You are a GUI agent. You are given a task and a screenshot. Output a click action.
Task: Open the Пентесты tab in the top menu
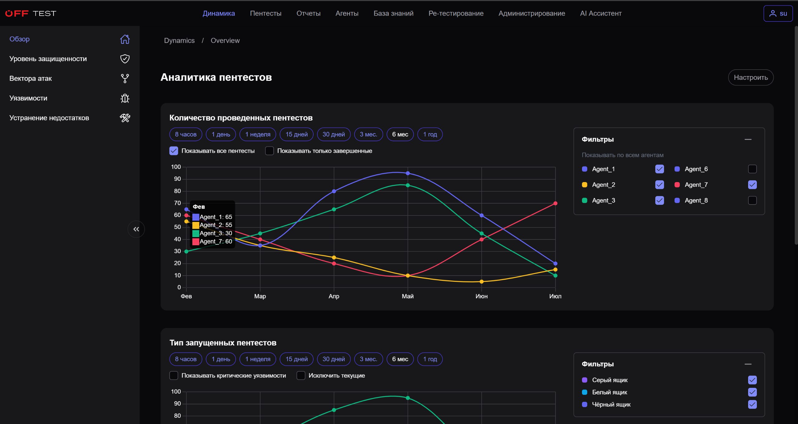pyautogui.click(x=266, y=13)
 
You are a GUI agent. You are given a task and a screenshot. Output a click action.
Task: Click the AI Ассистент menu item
pyautogui.click(x=601, y=13)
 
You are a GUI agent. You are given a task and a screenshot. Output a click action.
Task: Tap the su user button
pyautogui.click(x=778, y=13)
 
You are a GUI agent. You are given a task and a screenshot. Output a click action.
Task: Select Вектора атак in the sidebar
pyautogui.click(x=31, y=79)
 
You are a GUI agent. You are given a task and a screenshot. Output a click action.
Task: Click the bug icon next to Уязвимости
pyautogui.click(x=125, y=98)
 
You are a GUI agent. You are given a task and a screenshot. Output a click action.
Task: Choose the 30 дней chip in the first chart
pyautogui.click(x=334, y=134)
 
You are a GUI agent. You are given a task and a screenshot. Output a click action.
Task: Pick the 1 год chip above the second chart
pyautogui.click(x=430, y=359)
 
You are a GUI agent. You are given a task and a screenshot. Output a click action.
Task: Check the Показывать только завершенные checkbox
pyautogui.click(x=269, y=151)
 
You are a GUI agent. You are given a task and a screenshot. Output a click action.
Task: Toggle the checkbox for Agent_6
pyautogui.click(x=752, y=169)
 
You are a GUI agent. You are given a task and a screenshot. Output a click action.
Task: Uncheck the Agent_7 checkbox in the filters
pyautogui.click(x=752, y=185)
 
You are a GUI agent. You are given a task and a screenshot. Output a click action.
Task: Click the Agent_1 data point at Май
pyautogui.click(x=408, y=173)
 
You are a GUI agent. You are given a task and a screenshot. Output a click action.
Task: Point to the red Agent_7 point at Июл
pyautogui.click(x=555, y=203)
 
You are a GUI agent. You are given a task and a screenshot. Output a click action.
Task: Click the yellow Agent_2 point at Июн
pyautogui.click(x=482, y=282)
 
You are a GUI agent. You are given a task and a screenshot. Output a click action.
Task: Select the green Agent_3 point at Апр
pyautogui.click(x=334, y=210)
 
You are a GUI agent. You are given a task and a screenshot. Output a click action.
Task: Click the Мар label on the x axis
pyautogui.click(x=260, y=296)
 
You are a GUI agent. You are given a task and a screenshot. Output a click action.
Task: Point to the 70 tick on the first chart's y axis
pyautogui.click(x=177, y=203)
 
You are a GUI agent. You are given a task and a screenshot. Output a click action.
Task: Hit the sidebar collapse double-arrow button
pyautogui.click(x=136, y=229)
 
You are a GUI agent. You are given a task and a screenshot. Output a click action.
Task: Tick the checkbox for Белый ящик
pyautogui.click(x=752, y=392)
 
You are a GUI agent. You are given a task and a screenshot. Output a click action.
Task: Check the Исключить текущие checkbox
pyautogui.click(x=301, y=376)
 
